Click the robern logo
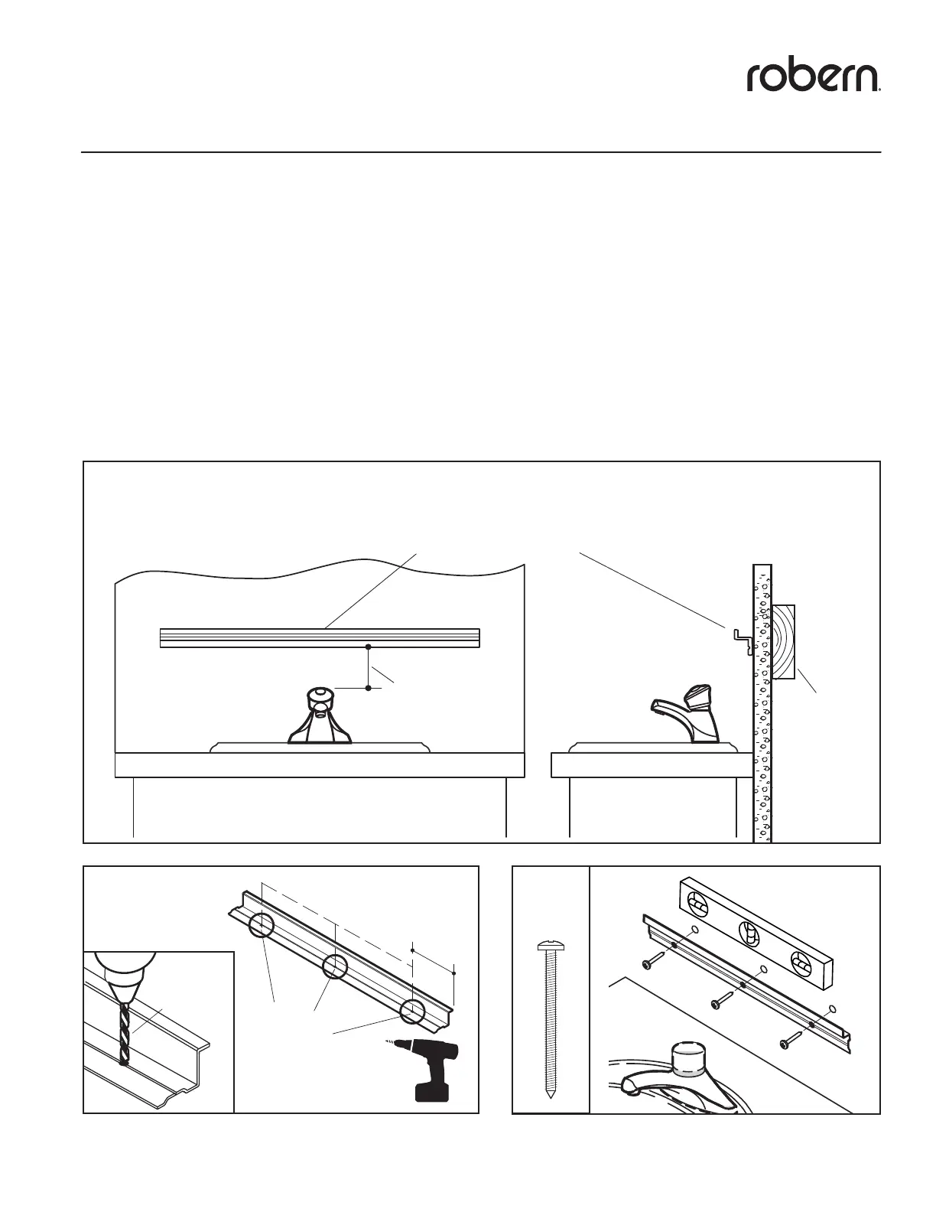(814, 77)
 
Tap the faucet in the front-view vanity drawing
(320, 718)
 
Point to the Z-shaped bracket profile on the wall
(741, 638)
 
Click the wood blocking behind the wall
(784, 643)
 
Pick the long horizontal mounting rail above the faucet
(320, 637)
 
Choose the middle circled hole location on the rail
(335, 966)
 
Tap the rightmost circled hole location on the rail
(412, 1010)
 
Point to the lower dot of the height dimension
(369, 689)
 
